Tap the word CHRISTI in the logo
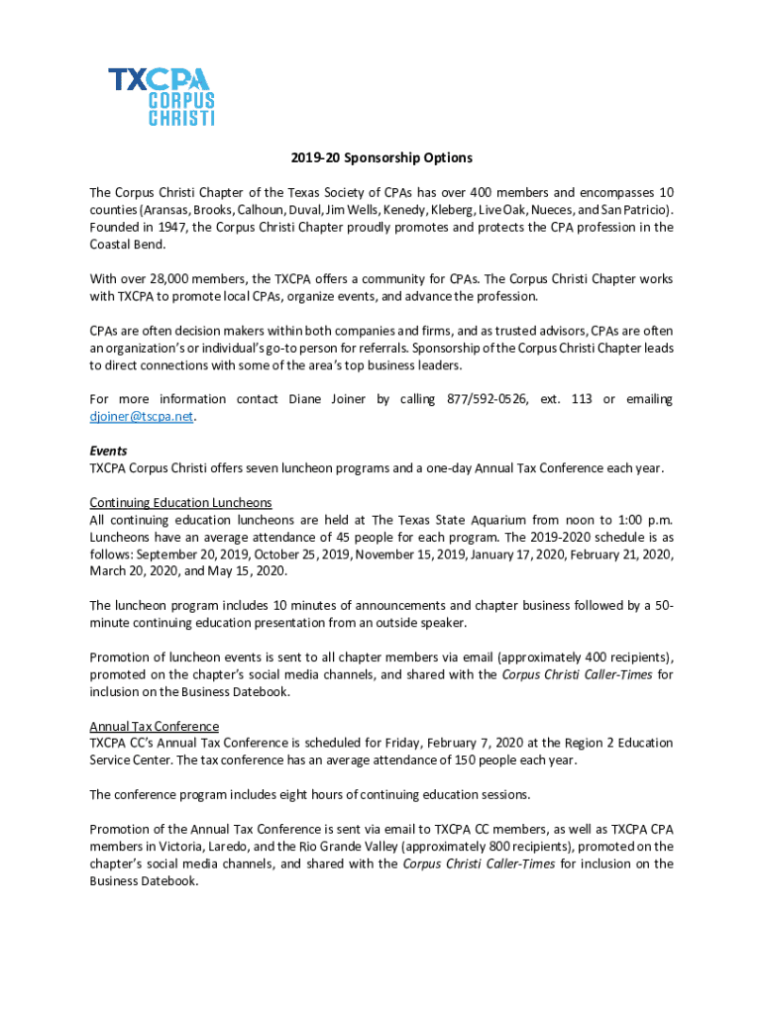tap(180, 119)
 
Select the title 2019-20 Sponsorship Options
tap(381, 157)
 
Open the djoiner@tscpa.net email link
tap(141, 417)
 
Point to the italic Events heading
tap(108, 451)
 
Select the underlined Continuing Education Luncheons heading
tap(180, 503)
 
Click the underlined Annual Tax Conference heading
tap(154, 726)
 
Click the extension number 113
tap(580, 399)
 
